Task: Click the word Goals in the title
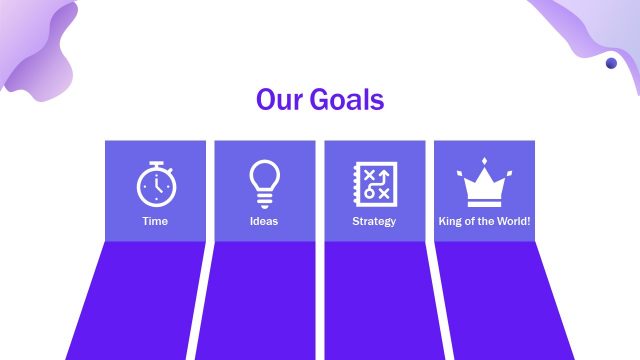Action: (x=347, y=101)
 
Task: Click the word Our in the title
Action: (x=278, y=101)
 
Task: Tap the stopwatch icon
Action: (x=155, y=185)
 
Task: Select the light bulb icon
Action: (x=264, y=183)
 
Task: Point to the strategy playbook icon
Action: (x=374, y=184)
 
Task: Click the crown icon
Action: (x=484, y=184)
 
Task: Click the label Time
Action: (x=155, y=221)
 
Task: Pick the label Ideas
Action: (x=264, y=221)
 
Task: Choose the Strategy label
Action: (x=374, y=221)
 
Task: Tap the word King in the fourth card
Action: (x=450, y=221)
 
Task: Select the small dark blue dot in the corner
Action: (x=611, y=63)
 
